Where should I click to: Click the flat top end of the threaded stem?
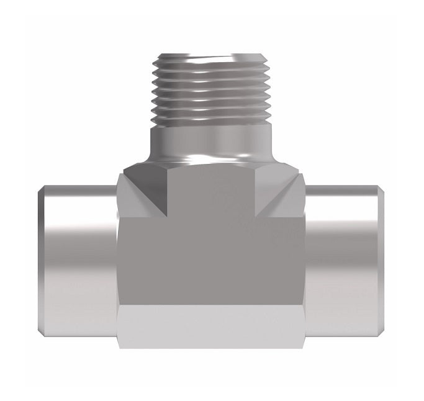pos(212,56)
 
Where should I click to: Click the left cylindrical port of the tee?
pos(78,261)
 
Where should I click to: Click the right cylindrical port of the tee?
pos(345,261)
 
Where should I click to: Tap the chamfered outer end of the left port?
pos(42,261)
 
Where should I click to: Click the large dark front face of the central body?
pos(212,255)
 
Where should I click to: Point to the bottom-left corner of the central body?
pos(119,346)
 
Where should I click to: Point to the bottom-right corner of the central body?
pos(304,346)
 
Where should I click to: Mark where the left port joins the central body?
pos(117,261)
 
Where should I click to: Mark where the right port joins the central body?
pos(305,261)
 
